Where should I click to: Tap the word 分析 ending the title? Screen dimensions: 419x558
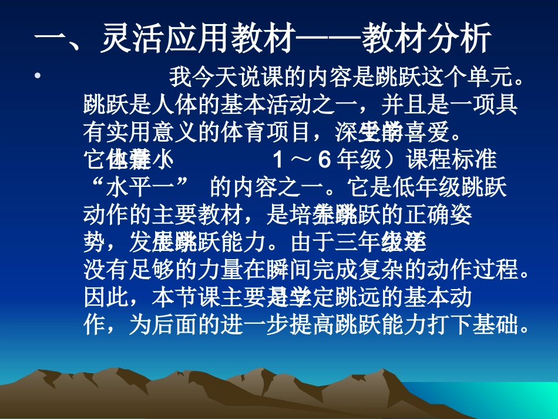[x=452, y=40]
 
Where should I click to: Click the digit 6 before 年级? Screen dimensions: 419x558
[x=322, y=160]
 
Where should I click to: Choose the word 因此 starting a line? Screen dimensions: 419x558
[x=106, y=297]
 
